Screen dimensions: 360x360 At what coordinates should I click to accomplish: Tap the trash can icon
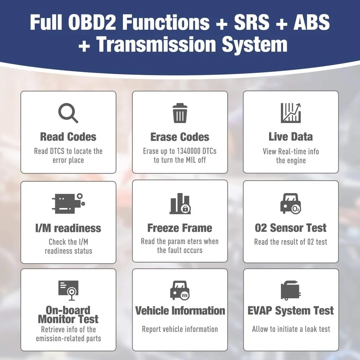tap(180, 113)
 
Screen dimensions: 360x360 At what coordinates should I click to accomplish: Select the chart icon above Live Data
tap(291, 113)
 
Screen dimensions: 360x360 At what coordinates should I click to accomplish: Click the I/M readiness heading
tap(68, 228)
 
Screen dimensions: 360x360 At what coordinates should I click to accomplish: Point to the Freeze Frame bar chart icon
tap(180, 203)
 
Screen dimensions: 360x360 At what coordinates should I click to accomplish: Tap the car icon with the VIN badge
tap(180, 290)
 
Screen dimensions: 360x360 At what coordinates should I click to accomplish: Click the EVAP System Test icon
tap(291, 290)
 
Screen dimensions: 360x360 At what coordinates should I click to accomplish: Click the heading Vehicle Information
tap(180, 311)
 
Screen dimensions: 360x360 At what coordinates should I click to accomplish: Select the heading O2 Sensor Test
tap(291, 228)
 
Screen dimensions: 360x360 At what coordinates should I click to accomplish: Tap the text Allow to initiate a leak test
tap(291, 329)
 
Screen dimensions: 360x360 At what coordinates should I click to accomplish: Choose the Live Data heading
tap(291, 136)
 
